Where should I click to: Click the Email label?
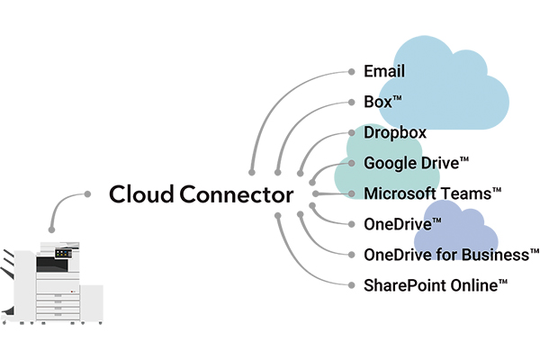coord(384,71)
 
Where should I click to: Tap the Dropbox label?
coord(395,133)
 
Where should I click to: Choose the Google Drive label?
coord(416,164)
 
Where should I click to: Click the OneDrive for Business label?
coord(450,255)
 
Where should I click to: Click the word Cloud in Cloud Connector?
coord(140,194)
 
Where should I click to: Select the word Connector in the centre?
coord(236,194)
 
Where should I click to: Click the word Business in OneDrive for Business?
coord(497,255)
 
